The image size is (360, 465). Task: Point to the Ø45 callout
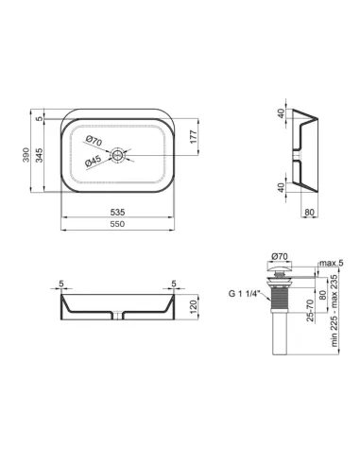[94, 162]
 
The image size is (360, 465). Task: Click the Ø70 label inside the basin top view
[94, 142]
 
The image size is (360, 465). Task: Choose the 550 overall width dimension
[117, 225]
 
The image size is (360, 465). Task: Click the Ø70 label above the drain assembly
[279, 256]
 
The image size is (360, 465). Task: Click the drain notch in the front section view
[117, 314]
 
